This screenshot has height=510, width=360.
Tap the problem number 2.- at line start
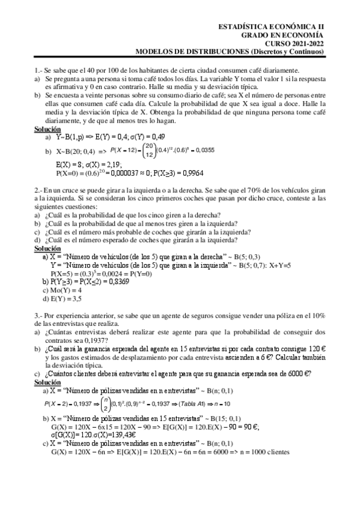[x=38, y=189]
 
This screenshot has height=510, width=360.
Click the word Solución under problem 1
[x=47, y=129]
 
